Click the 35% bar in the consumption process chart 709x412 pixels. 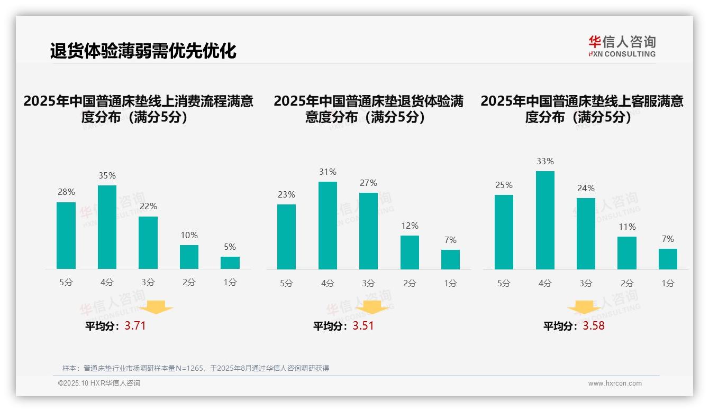point(107,227)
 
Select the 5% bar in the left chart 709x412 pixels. point(230,263)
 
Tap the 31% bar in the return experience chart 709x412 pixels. point(328,226)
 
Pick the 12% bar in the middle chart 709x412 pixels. point(410,252)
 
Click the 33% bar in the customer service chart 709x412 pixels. point(545,220)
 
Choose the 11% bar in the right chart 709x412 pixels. point(627,253)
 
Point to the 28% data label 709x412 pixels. point(66,192)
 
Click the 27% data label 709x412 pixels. point(368,183)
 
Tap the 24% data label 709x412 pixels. point(586,188)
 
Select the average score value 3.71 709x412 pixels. point(135,326)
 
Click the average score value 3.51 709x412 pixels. point(363,326)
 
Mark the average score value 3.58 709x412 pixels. point(594,326)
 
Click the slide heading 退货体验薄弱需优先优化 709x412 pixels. point(143,51)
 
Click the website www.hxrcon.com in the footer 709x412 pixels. point(615,383)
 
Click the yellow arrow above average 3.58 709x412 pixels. point(584,307)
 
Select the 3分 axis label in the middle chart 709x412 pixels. point(368,283)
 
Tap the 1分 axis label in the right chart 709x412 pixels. point(668,283)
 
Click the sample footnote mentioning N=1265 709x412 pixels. point(196,368)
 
